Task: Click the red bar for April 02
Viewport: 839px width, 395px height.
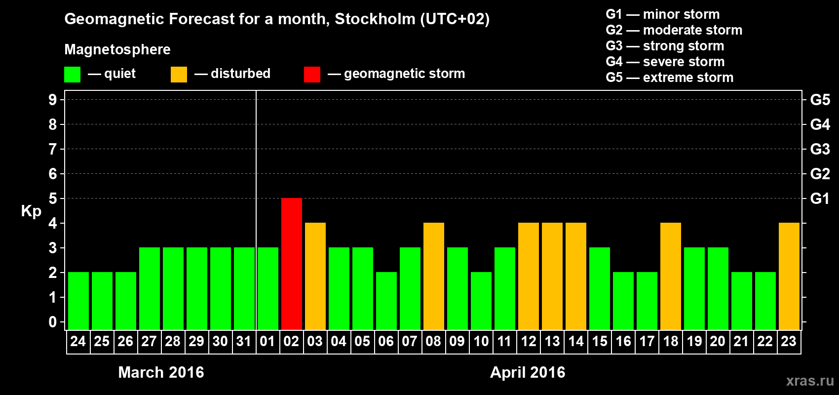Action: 291,264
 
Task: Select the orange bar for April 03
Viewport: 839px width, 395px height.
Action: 315,276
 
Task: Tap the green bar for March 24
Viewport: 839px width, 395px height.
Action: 78,301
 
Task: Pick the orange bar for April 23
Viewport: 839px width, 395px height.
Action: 789,276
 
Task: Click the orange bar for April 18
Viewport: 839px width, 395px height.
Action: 670,276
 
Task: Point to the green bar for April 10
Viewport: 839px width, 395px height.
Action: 481,301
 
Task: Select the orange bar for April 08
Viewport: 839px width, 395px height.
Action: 433,276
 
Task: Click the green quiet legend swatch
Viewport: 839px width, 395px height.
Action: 72,75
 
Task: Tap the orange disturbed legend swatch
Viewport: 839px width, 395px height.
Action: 179,75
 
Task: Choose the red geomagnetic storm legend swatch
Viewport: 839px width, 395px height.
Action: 312,75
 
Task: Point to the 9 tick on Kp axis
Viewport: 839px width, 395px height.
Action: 53,100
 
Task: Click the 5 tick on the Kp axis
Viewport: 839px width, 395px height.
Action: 53,198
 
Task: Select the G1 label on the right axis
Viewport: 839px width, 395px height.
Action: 820,198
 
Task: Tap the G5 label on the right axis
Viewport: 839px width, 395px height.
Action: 820,100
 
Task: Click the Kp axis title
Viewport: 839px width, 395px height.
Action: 31,211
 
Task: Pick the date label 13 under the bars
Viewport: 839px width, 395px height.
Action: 552,342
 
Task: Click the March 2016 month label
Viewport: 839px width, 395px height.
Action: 161,372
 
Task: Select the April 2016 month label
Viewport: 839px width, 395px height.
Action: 528,372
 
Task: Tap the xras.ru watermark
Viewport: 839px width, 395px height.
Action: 809,380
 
